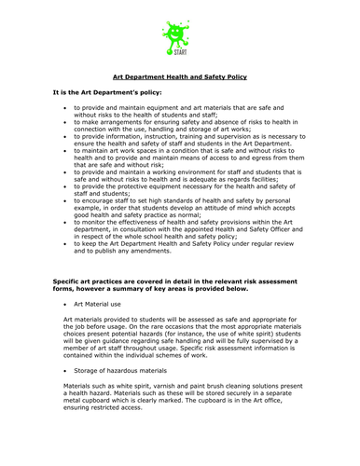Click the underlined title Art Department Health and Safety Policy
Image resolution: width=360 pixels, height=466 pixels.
tap(179, 77)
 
